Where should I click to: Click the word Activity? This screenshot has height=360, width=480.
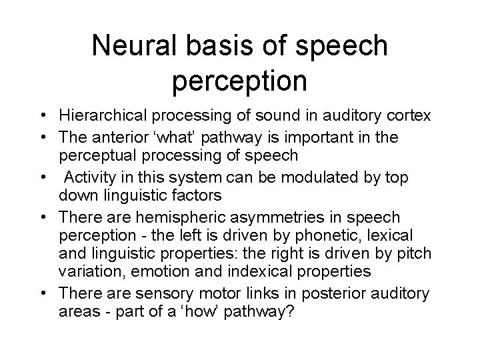[93, 178]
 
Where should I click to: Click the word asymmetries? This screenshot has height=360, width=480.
[289, 217]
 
